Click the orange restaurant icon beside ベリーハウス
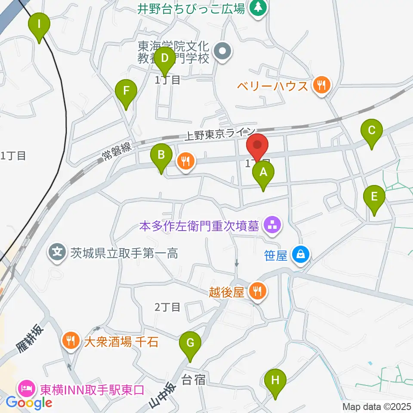[x=321, y=85]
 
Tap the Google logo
[x=29, y=403]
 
